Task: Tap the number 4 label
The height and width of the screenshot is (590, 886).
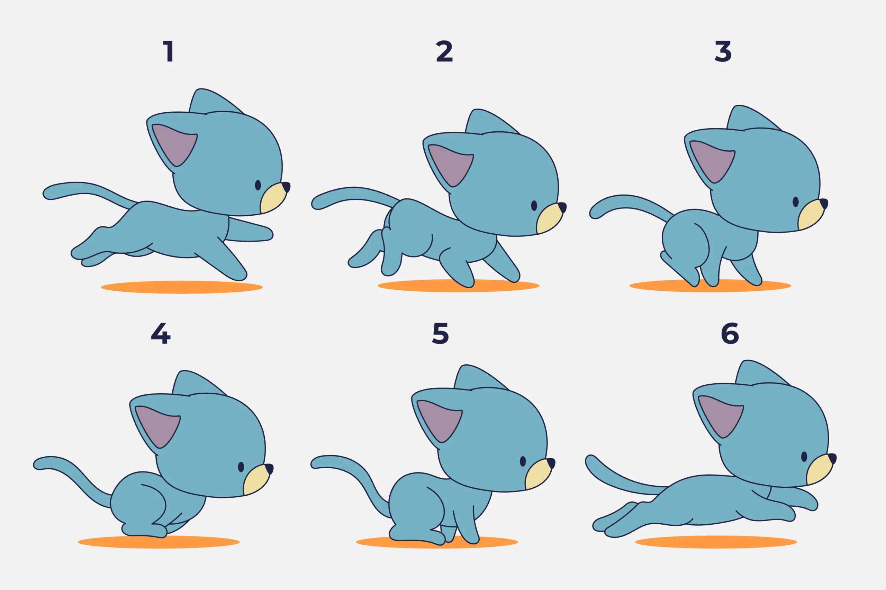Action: coord(161,334)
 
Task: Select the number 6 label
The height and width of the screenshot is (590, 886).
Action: coord(730,334)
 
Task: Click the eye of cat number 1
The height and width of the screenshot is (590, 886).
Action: coord(258,185)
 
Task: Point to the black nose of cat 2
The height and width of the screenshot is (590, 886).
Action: coord(562,207)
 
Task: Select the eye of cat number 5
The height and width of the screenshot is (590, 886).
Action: coord(523,461)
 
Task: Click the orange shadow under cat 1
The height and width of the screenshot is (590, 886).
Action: coord(182,287)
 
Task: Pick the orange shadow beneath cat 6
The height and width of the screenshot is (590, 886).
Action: coord(716,542)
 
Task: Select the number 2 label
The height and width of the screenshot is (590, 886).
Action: coord(444,51)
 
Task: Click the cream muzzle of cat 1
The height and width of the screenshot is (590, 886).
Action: coord(272,199)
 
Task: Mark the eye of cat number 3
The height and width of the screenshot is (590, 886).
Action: coord(796,202)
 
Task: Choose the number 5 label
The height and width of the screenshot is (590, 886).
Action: coord(440,334)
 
